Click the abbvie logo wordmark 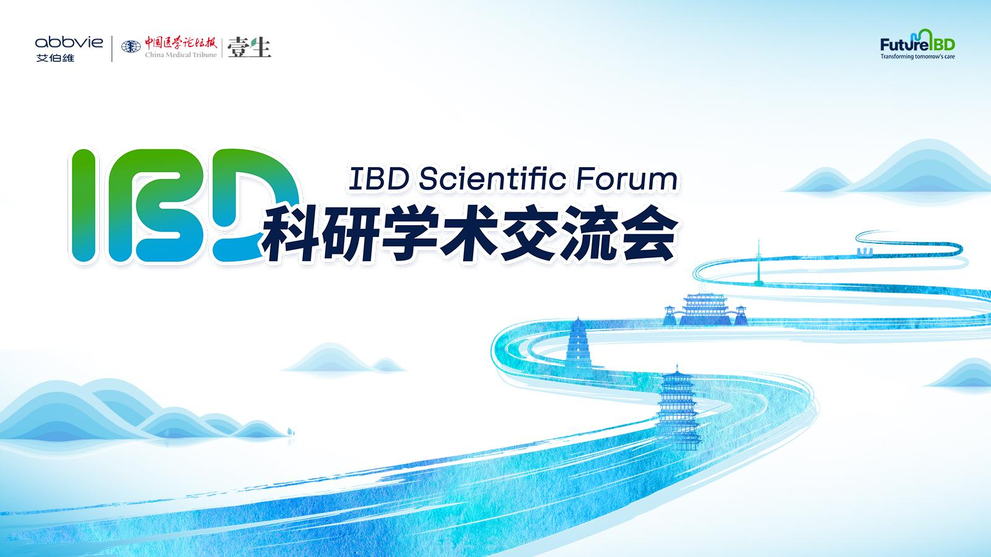pyautogui.click(x=69, y=43)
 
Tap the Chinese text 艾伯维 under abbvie pyautogui.click(x=55, y=58)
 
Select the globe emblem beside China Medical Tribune pyautogui.click(x=131, y=46)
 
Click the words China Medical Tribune pyautogui.click(x=181, y=55)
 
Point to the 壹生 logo pyautogui.click(x=249, y=48)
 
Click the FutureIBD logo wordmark pyautogui.click(x=917, y=43)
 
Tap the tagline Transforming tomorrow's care pyautogui.click(x=917, y=56)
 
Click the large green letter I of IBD pyautogui.click(x=83, y=205)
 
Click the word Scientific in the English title pyautogui.click(x=492, y=179)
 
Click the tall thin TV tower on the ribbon pyautogui.click(x=759, y=262)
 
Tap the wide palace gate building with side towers pyautogui.click(x=705, y=309)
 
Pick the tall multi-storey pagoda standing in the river pyautogui.click(x=677, y=407)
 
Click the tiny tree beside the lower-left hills pyautogui.click(x=290, y=431)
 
